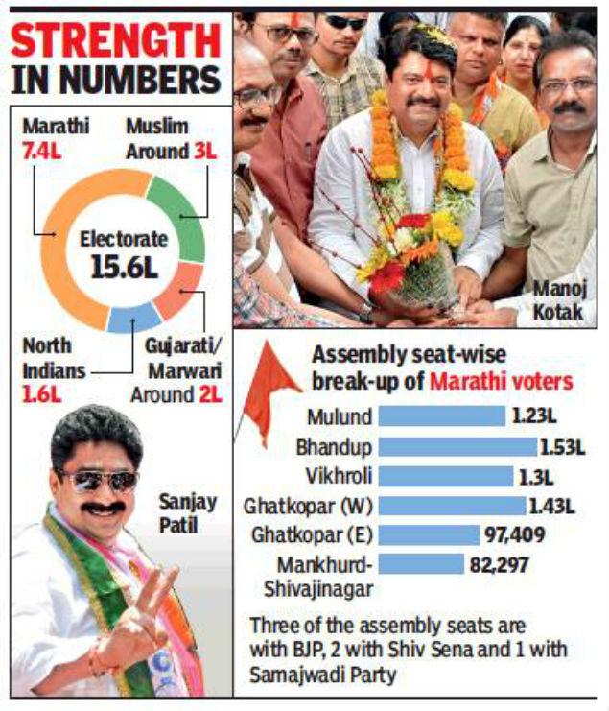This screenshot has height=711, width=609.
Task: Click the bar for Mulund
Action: (x=441, y=416)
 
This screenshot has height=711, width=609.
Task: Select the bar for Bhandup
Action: (x=457, y=446)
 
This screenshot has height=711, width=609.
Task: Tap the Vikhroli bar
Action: (x=446, y=475)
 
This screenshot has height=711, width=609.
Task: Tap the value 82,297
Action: (x=499, y=564)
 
